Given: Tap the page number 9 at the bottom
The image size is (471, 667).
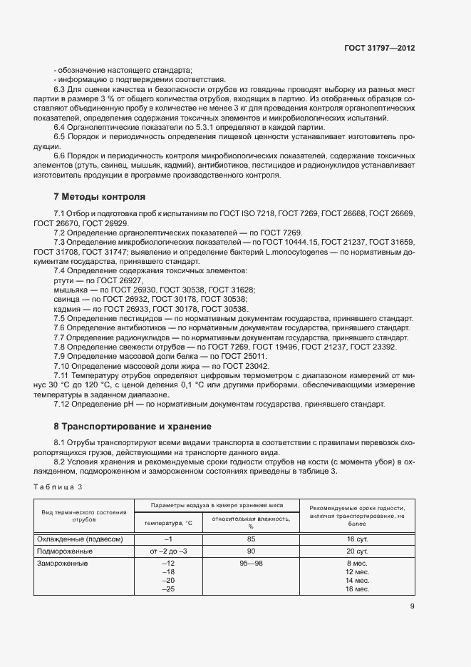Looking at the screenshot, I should click(x=413, y=607).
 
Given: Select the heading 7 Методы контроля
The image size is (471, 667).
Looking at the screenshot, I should click(x=100, y=196).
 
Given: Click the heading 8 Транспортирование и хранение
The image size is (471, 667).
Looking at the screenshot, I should click(x=133, y=427).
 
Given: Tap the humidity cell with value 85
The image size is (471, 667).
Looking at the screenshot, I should click(x=252, y=540).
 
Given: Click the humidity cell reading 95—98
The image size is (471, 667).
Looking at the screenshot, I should click(x=252, y=564).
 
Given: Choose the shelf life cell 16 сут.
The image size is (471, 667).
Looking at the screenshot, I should click(x=356, y=540).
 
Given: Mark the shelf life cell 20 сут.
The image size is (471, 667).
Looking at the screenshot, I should click(x=356, y=551).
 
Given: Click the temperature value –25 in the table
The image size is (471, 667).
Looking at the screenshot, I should click(x=169, y=589).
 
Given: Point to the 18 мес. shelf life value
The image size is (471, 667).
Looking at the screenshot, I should click(x=356, y=589).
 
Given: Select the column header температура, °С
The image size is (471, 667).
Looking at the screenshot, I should click(x=169, y=523).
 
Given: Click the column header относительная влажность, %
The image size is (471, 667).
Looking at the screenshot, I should click(x=252, y=523).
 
